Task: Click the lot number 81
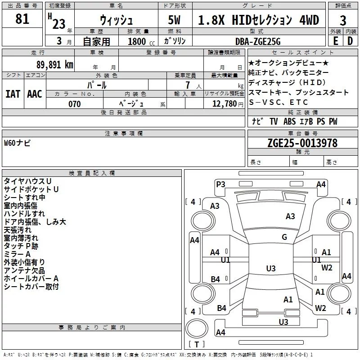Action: pos(22,19)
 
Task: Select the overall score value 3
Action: pos(343,20)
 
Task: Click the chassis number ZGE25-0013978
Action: pos(302,144)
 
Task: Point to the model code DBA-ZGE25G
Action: pos(258,41)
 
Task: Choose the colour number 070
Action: pos(74,104)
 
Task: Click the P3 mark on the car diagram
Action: pos(220,184)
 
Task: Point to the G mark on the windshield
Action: pos(284,237)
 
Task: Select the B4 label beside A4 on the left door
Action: pos(215,279)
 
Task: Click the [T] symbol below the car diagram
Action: pos(196,345)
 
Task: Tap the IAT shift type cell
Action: pos(13,94)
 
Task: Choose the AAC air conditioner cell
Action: pos(35,94)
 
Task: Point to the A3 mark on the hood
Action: pos(290,216)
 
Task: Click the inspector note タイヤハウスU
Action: pos(27,181)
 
